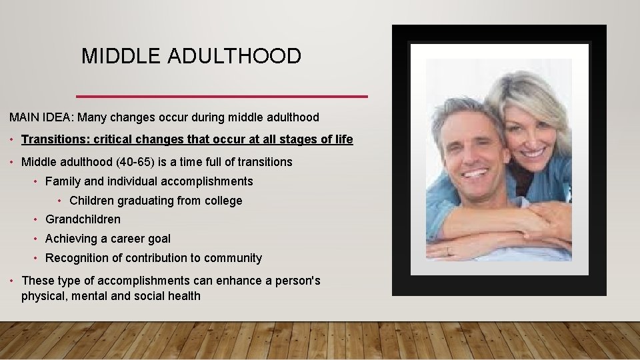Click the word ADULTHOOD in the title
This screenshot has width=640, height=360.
(x=234, y=57)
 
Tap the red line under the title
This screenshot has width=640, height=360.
(x=222, y=97)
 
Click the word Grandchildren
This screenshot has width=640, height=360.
(x=83, y=219)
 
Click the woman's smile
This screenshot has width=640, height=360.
(x=531, y=153)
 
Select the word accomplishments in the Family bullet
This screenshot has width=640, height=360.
(x=205, y=181)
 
